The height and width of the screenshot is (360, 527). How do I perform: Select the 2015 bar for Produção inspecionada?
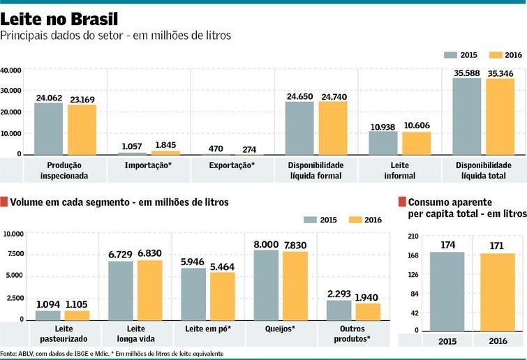tap(48, 128)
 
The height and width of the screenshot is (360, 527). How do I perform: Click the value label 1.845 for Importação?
tap(165, 145)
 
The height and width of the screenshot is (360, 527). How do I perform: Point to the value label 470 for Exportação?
tap(216, 148)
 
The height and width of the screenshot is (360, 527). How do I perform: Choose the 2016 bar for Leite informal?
tap(417, 142)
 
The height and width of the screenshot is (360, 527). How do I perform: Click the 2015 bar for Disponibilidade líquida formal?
tap(299, 128)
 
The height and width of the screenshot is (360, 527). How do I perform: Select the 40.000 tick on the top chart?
tap(11, 70)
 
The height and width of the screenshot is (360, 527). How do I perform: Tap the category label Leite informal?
tap(399, 170)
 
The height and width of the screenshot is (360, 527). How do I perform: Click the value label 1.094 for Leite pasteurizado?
tap(48, 304)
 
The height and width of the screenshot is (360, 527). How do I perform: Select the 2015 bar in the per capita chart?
tap(447, 291)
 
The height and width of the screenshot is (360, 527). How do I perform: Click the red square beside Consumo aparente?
tap(402, 202)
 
